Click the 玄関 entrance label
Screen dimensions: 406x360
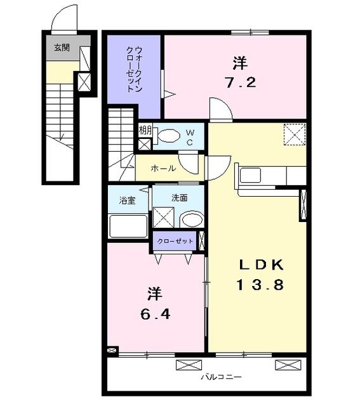61,46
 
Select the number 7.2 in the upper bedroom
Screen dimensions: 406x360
239,82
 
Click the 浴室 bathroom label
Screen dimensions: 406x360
127,200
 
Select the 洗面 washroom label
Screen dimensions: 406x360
179,198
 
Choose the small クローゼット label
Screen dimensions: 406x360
175,241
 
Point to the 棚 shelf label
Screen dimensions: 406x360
145,131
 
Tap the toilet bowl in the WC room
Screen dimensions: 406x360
168,135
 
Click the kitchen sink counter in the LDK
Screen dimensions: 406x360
250,176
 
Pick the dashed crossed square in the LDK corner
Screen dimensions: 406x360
294,134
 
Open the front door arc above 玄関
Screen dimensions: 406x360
63,19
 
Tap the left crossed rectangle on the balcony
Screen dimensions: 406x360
189,364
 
